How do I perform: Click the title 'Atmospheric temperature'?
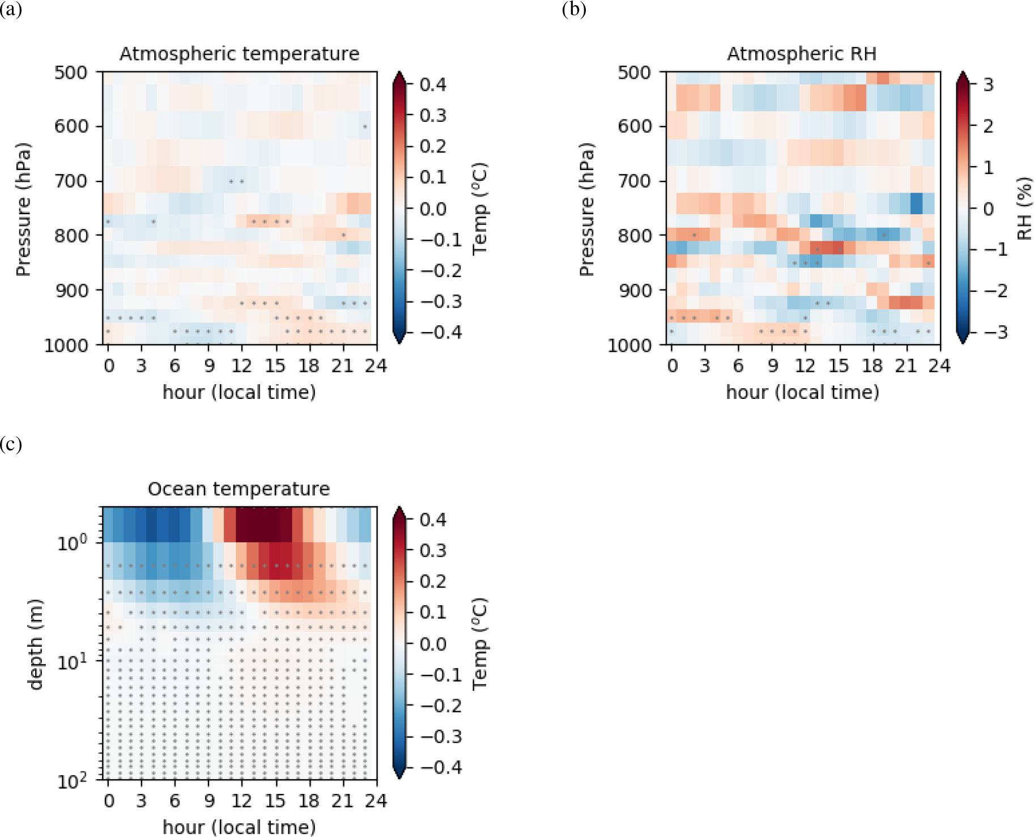[x=239, y=54]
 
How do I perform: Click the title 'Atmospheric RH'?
[x=802, y=54]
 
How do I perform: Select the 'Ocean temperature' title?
[x=239, y=488]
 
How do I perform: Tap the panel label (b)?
[x=574, y=9]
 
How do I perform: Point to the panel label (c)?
[x=11, y=444]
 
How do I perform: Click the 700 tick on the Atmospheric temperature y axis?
[x=71, y=181]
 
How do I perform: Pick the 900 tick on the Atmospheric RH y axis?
[x=635, y=291]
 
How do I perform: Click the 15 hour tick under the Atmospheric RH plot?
[x=839, y=366]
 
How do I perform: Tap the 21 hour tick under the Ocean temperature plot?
[x=343, y=801]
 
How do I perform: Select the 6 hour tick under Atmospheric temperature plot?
[x=175, y=366]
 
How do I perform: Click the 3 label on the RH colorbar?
[x=989, y=85]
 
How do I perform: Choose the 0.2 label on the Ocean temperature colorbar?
[x=433, y=581]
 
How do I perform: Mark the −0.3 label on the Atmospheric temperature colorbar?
[x=441, y=301]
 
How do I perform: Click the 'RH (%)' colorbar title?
[x=1024, y=209]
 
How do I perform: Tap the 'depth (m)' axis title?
[x=35, y=644]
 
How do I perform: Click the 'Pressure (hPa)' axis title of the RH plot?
[x=586, y=210]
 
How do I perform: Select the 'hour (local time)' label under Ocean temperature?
[x=239, y=827]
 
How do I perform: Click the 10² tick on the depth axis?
[x=73, y=781]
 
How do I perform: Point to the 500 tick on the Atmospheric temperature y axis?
[x=71, y=73]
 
